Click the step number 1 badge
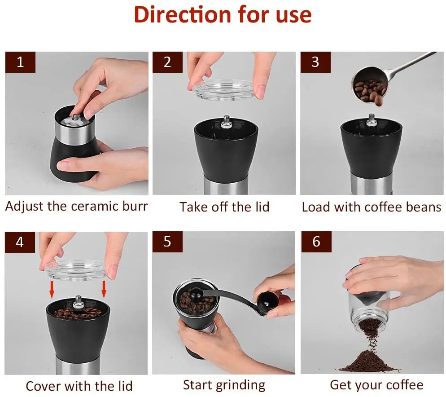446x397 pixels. click(x=20, y=62)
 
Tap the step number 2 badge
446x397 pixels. click(x=167, y=62)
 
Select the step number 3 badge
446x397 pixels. click(x=315, y=62)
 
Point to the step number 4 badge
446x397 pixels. click(x=20, y=242)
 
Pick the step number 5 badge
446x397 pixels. click(x=167, y=242)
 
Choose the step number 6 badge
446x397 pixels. click(x=316, y=242)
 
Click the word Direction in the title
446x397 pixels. click(x=183, y=15)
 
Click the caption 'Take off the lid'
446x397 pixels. click(x=224, y=207)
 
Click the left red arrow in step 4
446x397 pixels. click(x=52, y=289)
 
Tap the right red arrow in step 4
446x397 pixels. click(x=104, y=289)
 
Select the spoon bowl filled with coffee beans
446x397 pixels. click(x=369, y=85)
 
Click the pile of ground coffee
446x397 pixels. click(x=368, y=361)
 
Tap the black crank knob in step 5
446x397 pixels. click(x=267, y=302)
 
